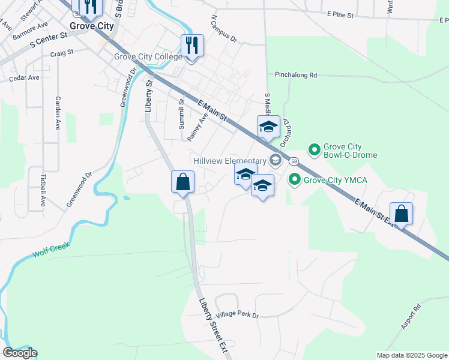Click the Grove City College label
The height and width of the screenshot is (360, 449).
pyautogui.click(x=148, y=57)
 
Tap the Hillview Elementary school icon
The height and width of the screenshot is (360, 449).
pyautogui.click(x=276, y=160)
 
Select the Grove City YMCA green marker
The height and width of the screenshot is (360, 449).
pyautogui.click(x=295, y=179)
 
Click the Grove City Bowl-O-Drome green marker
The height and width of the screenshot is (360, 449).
pyautogui.click(x=313, y=149)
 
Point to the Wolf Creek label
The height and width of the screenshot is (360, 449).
pyautogui.click(x=52, y=250)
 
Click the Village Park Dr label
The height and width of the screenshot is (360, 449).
pyautogui.click(x=237, y=315)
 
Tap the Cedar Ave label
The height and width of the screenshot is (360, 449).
pyautogui.click(x=24, y=77)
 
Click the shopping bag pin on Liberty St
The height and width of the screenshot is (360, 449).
pyautogui.click(x=183, y=182)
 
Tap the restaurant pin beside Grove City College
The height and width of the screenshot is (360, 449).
pyautogui.click(x=192, y=46)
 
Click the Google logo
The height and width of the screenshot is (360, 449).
pyautogui.click(x=20, y=353)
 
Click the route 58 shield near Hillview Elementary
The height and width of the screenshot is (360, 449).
pyautogui.click(x=294, y=161)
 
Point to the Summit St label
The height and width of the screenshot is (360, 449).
pyautogui.click(x=181, y=114)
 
